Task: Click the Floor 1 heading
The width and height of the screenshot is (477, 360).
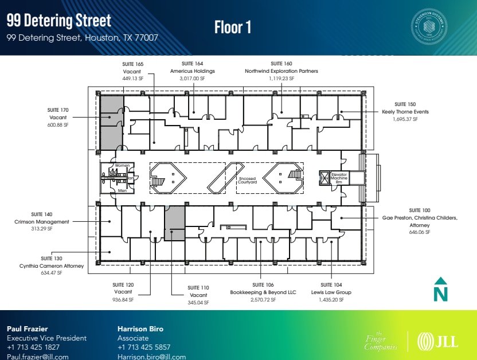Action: [x=233, y=27]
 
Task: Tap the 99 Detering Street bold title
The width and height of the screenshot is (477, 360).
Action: [x=58, y=21]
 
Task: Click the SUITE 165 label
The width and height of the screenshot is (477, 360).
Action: [x=133, y=64]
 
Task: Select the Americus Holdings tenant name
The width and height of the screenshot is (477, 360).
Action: [x=192, y=71]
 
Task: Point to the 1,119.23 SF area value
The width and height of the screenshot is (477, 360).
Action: [x=281, y=79]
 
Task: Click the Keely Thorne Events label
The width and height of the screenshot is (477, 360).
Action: [x=405, y=112]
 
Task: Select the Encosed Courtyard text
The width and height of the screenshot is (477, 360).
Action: [x=247, y=181]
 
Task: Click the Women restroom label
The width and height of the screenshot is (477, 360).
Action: [x=122, y=166]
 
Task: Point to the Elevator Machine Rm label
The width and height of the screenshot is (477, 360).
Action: [x=339, y=177]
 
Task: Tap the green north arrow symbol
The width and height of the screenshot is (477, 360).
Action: [x=440, y=289]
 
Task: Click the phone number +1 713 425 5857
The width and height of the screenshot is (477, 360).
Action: [x=144, y=347]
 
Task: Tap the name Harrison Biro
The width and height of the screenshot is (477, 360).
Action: [x=140, y=329]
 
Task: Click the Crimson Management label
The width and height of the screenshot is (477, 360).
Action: [x=42, y=222]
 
